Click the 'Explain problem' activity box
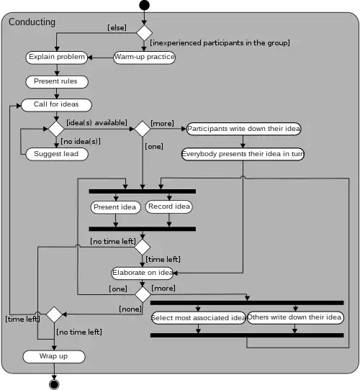pyautogui.click(x=57, y=57)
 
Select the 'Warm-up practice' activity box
pyautogui.click(x=144, y=57)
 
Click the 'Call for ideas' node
pyautogui.click(x=56, y=104)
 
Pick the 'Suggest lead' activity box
pyautogui.click(x=56, y=154)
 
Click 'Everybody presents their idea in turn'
pyautogui.click(x=243, y=154)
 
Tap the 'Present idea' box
pyautogui.click(x=115, y=207)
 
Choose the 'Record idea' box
pyautogui.click(x=169, y=207)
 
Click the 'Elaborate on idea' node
pyautogui.click(x=143, y=273)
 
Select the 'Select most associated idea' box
pyautogui.click(x=197, y=317)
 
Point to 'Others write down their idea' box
pyautogui.click(x=295, y=317)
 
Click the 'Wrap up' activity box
pyautogui.click(x=54, y=356)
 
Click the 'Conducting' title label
pyautogui.click(x=32, y=22)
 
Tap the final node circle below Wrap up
pyautogui.click(x=54, y=384)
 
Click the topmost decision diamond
pyautogui.click(x=145, y=32)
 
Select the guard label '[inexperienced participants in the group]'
pyautogui.click(x=220, y=43)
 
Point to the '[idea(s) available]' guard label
pyautogui.click(x=96, y=122)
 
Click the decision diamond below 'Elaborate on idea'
pyautogui.click(x=143, y=294)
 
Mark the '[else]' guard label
pyautogui.click(x=117, y=27)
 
